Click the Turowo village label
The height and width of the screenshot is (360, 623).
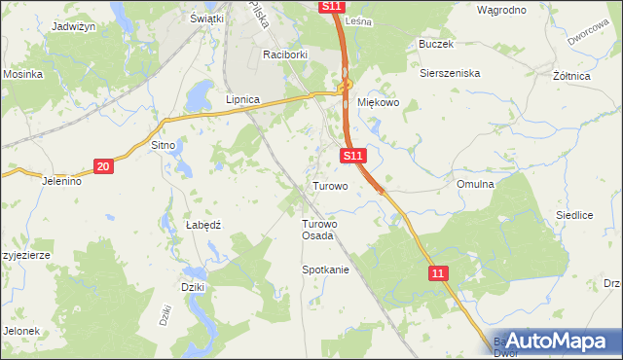pyautogui.click(x=330, y=185)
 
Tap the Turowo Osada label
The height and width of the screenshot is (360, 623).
pyautogui.click(x=317, y=229)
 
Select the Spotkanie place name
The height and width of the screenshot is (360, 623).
pyautogui.click(x=325, y=270)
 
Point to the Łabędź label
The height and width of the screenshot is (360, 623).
pyautogui.click(x=204, y=224)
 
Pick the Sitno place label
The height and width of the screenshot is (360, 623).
pyautogui.click(x=163, y=145)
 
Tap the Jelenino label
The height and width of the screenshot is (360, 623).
pyautogui.click(x=60, y=181)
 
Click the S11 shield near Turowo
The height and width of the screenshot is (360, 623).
pyautogui.click(x=353, y=156)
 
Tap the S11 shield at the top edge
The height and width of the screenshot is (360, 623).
pyautogui.click(x=331, y=6)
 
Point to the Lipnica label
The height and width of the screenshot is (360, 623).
pyautogui.click(x=242, y=99)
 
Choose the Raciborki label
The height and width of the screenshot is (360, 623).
pyautogui.click(x=284, y=55)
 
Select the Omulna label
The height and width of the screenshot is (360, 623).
pyautogui.click(x=475, y=183)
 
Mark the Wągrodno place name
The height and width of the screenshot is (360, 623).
pyautogui.click(x=502, y=10)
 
